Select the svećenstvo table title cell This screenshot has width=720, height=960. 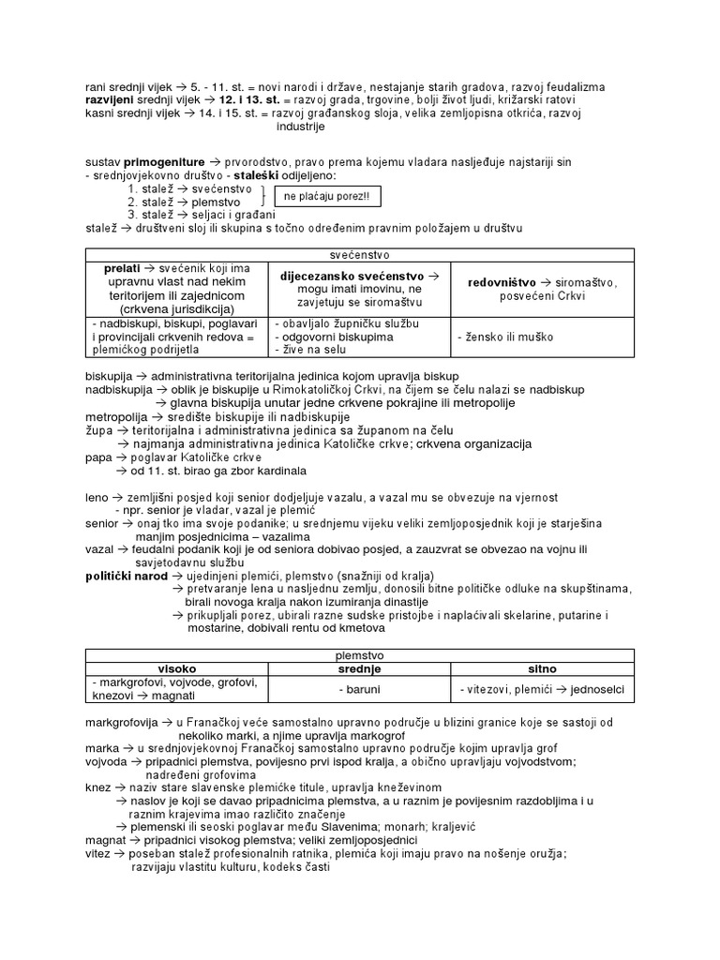pyautogui.click(x=360, y=254)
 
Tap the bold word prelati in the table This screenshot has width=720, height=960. pyautogui.click(x=127, y=268)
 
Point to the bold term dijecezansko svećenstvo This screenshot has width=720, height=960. pyautogui.click(x=346, y=276)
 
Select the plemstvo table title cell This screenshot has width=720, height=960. pyautogui.click(x=360, y=656)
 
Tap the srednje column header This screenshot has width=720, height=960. pyautogui.click(x=360, y=669)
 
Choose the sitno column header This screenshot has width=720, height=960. pyautogui.click(x=543, y=669)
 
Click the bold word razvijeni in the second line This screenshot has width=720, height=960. pyautogui.click(x=115, y=99)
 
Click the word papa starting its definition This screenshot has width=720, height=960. pyautogui.click(x=97, y=457)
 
